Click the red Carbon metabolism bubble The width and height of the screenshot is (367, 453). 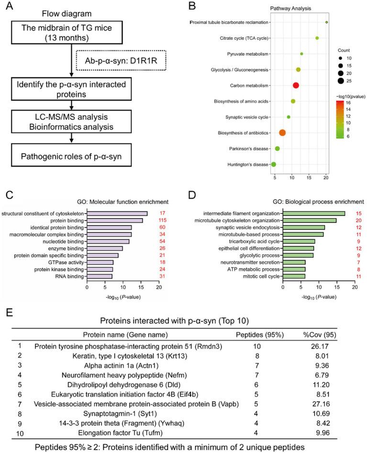296,85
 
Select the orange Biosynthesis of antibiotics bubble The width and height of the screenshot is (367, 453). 282,133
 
